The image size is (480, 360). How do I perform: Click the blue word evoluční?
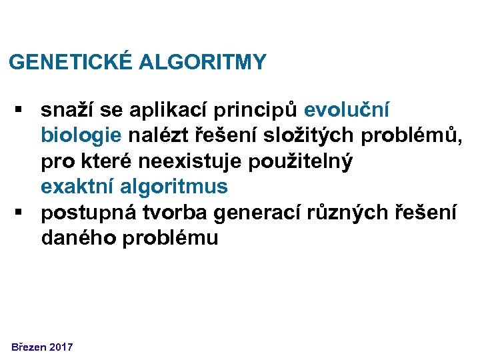click(347, 109)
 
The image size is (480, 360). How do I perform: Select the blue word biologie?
click(81, 136)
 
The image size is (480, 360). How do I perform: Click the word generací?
click(255, 213)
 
